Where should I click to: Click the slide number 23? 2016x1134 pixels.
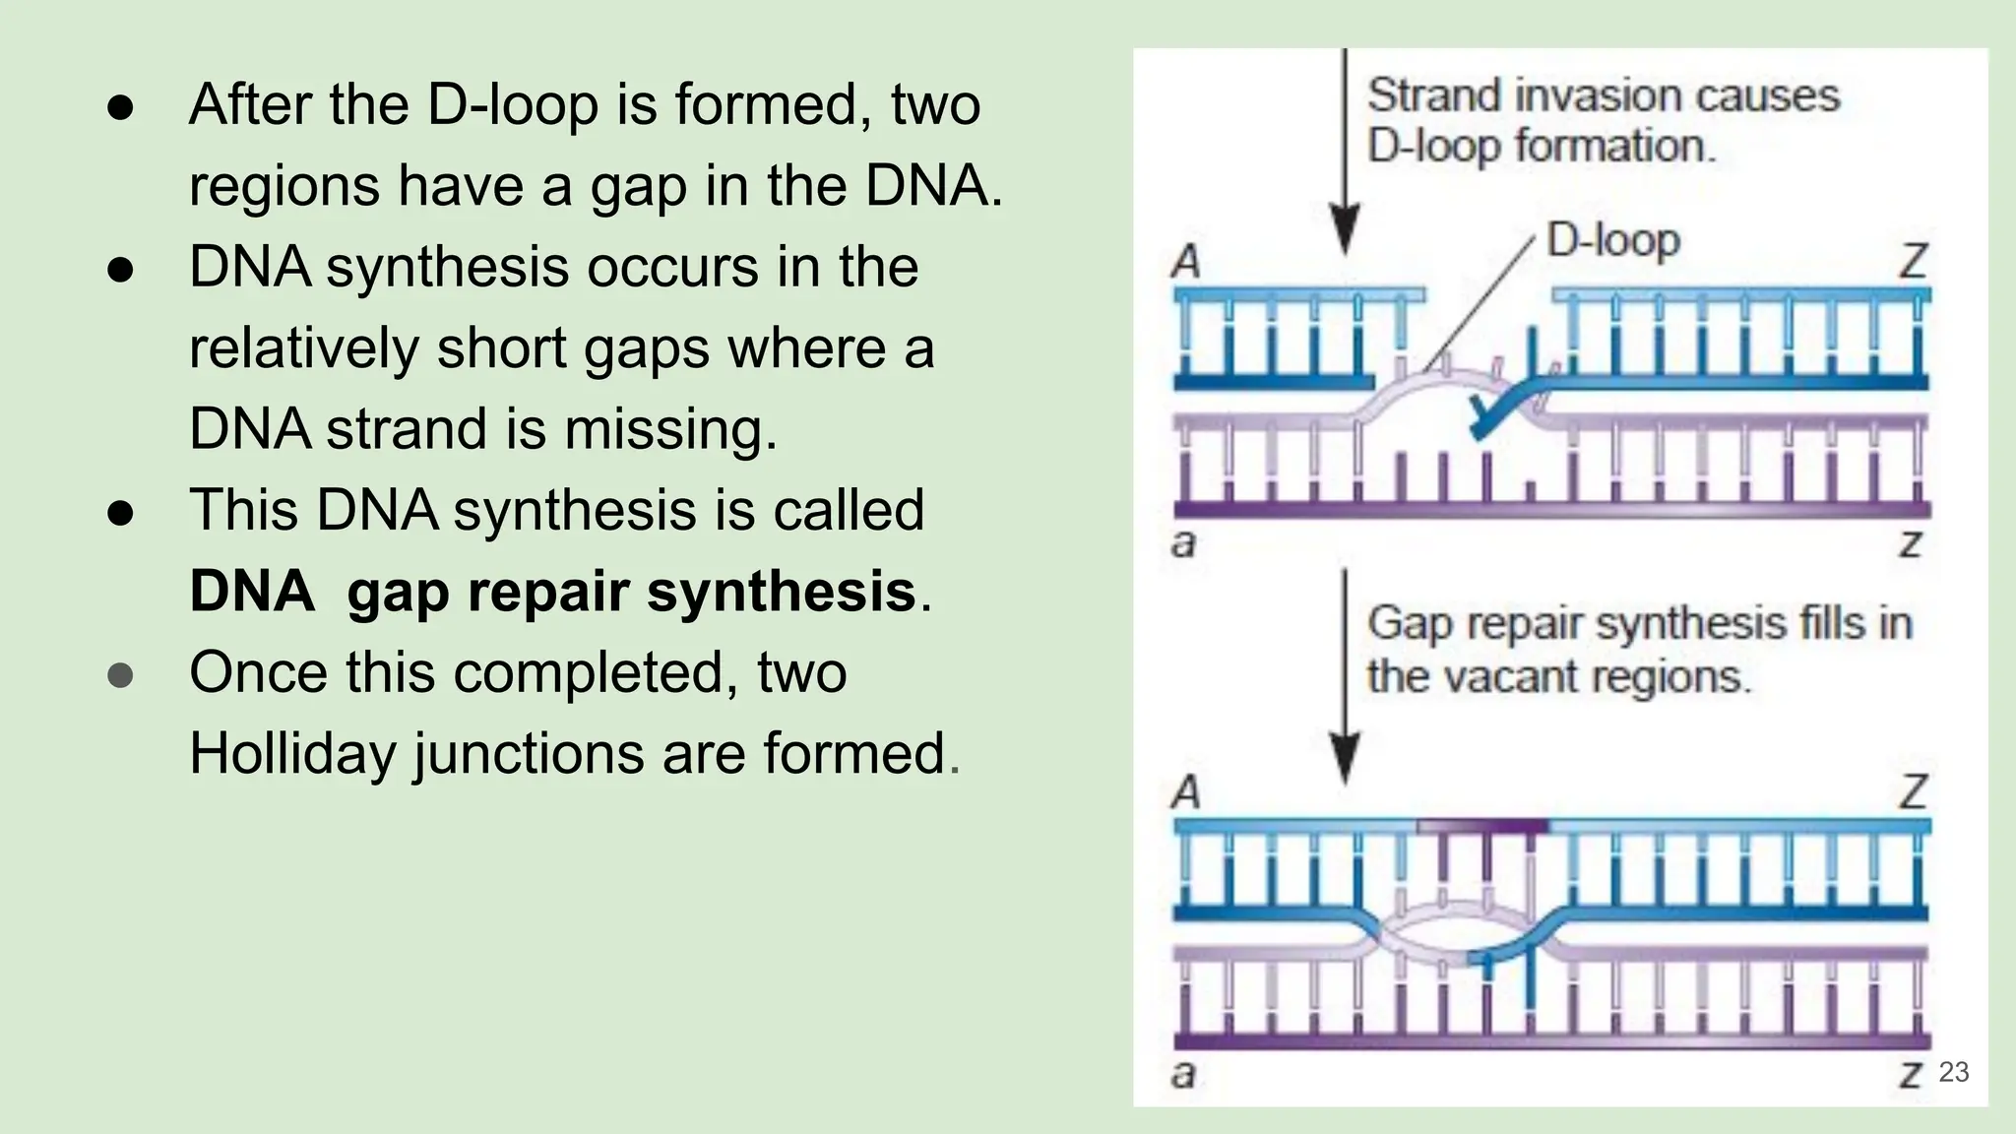click(x=1953, y=1072)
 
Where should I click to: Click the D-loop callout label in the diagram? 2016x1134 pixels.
click(x=1612, y=240)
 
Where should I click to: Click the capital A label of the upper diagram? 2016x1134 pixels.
click(x=1186, y=262)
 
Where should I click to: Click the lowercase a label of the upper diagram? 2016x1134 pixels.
click(x=1184, y=542)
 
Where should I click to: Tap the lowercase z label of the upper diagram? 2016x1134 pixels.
click(x=1910, y=542)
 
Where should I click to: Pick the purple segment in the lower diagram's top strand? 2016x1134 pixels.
click(x=1482, y=825)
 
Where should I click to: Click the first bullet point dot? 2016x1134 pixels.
click(x=120, y=107)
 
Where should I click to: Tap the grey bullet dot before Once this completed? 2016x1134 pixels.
click(x=120, y=675)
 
